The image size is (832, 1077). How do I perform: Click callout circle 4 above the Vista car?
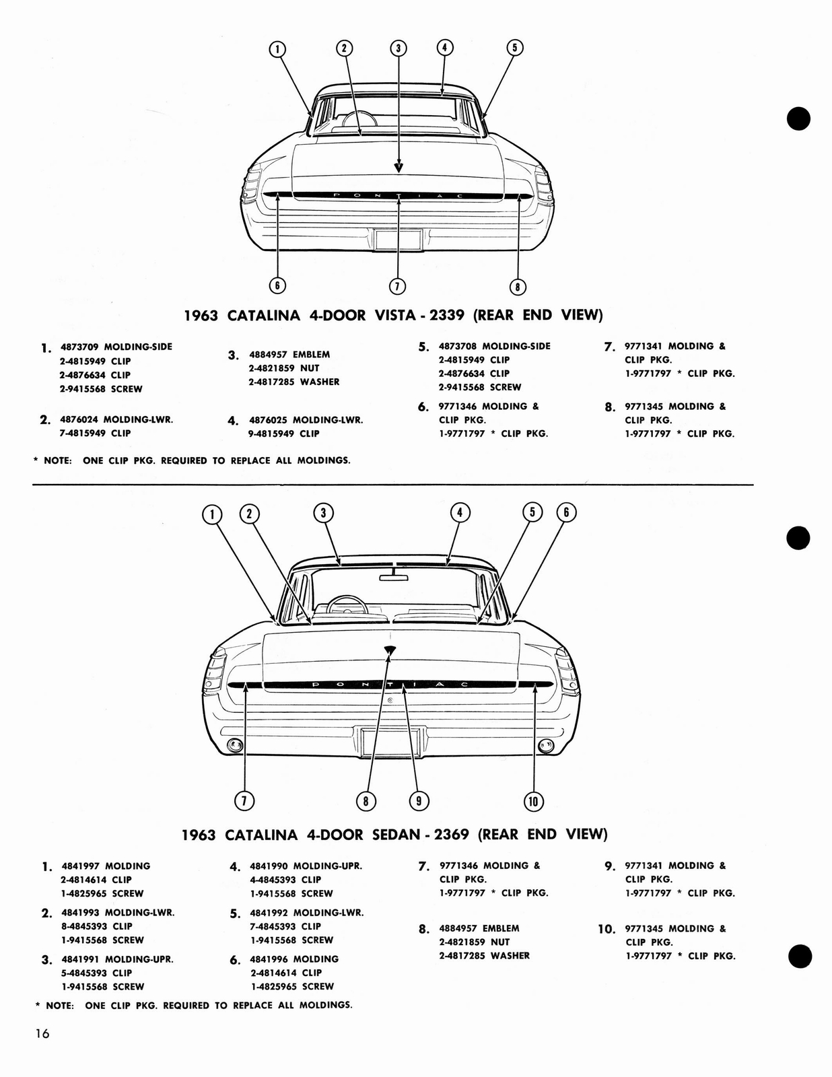[x=444, y=47]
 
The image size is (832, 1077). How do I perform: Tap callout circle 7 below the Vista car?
[x=397, y=286]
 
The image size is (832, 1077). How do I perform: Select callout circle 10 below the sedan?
[x=533, y=800]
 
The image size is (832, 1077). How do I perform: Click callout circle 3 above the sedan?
[x=323, y=513]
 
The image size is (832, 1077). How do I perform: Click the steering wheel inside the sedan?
[x=346, y=604]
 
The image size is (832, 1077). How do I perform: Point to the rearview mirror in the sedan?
[x=394, y=576]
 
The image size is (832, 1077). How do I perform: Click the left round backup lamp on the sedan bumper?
[x=236, y=744]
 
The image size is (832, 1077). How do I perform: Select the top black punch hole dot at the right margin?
[x=798, y=118]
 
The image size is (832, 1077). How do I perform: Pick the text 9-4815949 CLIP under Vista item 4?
[x=283, y=433]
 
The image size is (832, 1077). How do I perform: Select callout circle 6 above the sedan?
[x=566, y=513]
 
